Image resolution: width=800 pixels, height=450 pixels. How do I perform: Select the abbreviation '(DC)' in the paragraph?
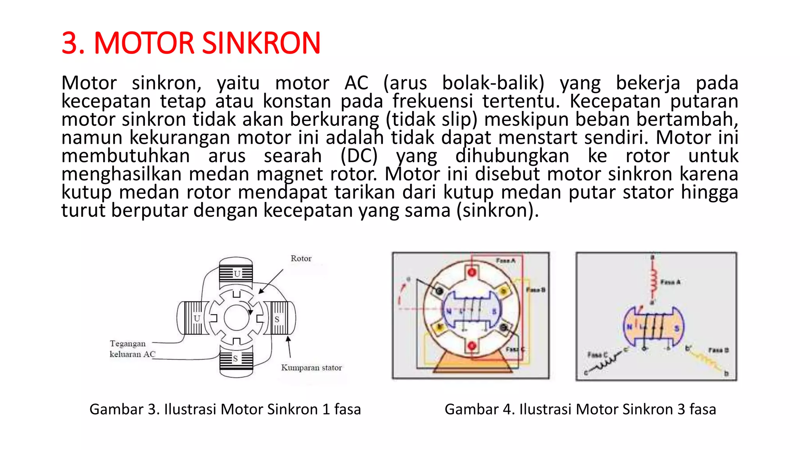[359, 156]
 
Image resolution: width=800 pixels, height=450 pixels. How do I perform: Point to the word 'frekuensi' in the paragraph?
[432, 101]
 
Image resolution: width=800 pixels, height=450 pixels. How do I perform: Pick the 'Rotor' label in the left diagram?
[301, 259]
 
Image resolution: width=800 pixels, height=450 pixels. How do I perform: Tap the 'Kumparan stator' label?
[311, 368]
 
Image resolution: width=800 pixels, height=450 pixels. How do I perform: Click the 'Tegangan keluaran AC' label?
[132, 349]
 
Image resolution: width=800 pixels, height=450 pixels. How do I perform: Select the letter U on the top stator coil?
[237, 274]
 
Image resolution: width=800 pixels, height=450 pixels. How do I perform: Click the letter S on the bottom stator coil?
[235, 359]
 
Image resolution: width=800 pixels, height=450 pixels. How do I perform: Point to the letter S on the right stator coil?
[277, 319]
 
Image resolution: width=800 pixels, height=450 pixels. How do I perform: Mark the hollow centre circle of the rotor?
[236, 318]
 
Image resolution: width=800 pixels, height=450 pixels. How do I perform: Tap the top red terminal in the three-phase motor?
[472, 272]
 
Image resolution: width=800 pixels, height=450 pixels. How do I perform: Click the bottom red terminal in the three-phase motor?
[472, 346]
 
